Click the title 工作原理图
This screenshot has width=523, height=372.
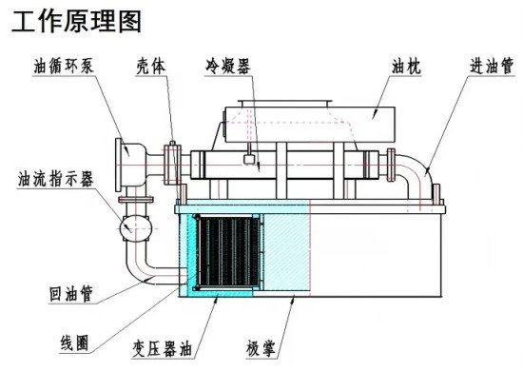click(76, 21)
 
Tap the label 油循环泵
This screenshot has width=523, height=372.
click(64, 66)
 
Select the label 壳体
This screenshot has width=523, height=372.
click(151, 67)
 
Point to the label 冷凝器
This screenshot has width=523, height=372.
click(228, 66)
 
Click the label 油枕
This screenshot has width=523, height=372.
click(406, 67)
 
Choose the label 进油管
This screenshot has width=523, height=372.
click(492, 66)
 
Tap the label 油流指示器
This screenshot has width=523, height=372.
click(56, 179)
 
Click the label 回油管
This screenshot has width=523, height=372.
click(70, 294)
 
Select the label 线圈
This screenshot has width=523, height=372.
click(75, 343)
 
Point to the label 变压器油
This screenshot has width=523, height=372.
click(163, 349)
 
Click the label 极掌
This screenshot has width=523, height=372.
click(261, 349)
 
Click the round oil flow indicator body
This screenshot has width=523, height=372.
click(136, 228)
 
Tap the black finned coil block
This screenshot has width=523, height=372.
click(228, 252)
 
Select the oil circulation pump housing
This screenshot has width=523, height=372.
click(133, 165)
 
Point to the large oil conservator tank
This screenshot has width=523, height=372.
click(310, 124)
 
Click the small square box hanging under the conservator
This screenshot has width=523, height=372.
click(249, 159)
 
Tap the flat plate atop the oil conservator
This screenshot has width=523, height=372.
click(285, 102)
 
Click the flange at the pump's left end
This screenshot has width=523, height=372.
click(118, 165)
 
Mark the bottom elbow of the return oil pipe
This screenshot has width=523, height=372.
click(140, 272)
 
